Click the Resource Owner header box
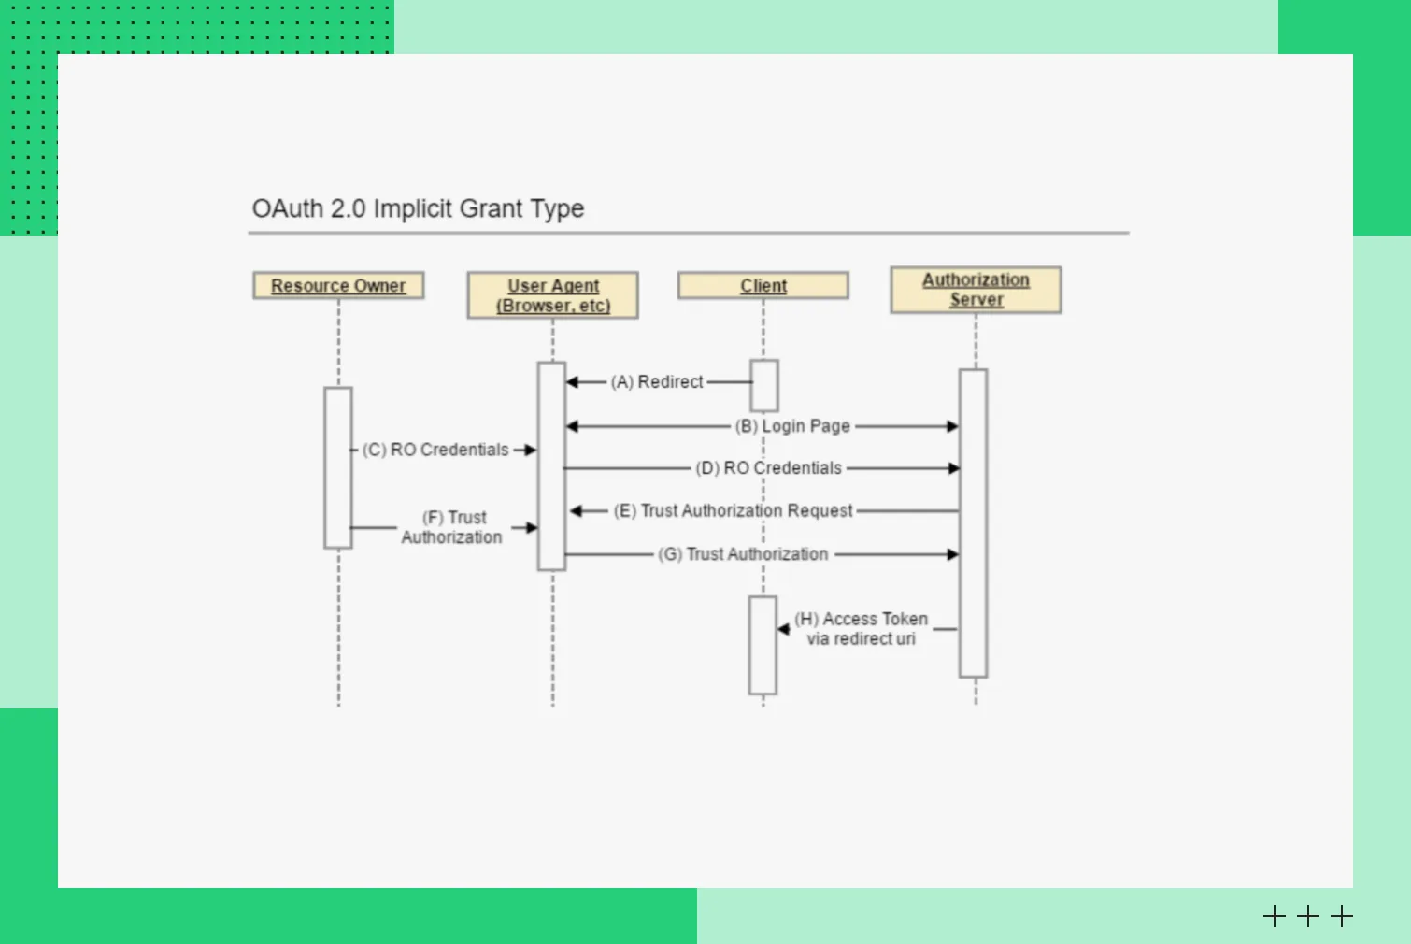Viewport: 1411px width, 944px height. pyautogui.click(x=338, y=286)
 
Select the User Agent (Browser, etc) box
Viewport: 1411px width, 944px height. pyautogui.click(x=553, y=295)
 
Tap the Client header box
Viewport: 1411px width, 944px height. pyautogui.click(x=763, y=286)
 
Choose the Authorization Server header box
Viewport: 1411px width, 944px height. pyautogui.click(x=976, y=290)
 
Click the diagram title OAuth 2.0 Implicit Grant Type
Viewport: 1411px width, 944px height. pyautogui.click(x=418, y=208)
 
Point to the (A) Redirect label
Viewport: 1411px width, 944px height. pyautogui.click(x=657, y=382)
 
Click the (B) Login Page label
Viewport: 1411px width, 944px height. pyautogui.click(x=792, y=426)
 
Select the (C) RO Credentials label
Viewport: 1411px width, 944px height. pyautogui.click(x=435, y=450)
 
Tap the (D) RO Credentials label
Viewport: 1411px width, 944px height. pyautogui.click(x=769, y=468)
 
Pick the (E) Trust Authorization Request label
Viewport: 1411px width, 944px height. pyautogui.click(x=734, y=511)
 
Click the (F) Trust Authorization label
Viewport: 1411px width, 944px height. pyautogui.click(x=452, y=527)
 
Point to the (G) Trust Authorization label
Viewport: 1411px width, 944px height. pyautogui.click(x=743, y=554)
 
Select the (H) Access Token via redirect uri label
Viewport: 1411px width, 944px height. pyautogui.click(x=861, y=629)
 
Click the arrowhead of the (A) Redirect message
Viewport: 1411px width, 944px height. pyautogui.click(x=573, y=382)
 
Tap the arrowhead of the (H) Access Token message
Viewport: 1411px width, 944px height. pyautogui.click(x=784, y=629)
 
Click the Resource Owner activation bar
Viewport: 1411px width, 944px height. pyautogui.click(x=338, y=467)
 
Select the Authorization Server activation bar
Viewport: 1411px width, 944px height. pyautogui.click(x=974, y=522)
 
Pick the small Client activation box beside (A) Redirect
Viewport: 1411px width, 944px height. pyautogui.click(x=764, y=385)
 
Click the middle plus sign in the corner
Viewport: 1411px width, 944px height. pyautogui.click(x=1308, y=916)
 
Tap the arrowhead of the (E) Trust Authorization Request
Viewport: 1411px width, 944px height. pyautogui.click(x=577, y=511)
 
